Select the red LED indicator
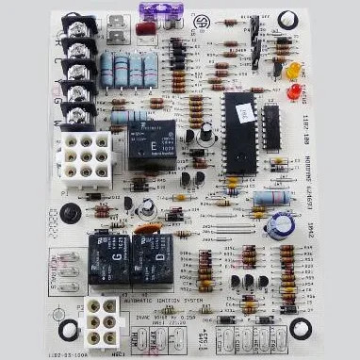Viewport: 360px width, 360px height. (x=293, y=91)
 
